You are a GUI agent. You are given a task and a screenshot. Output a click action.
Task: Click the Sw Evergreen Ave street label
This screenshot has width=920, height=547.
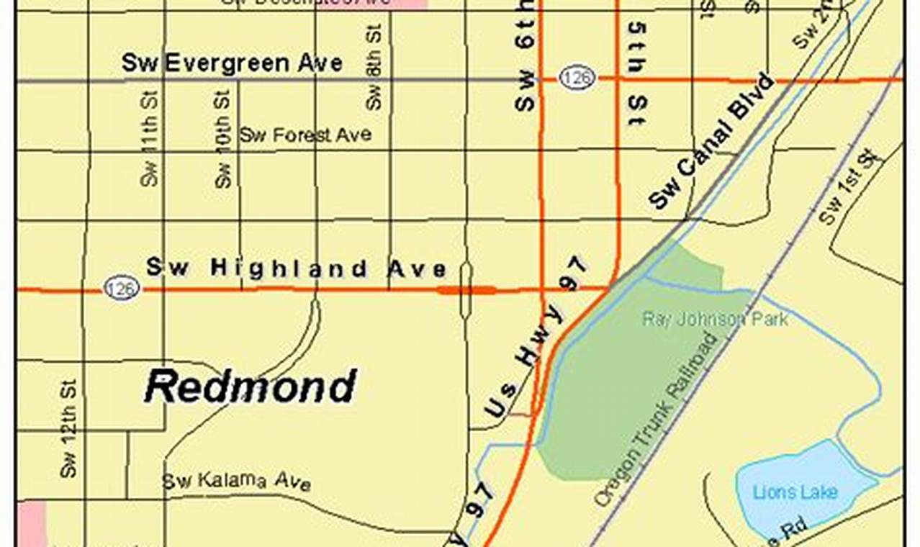[232, 63]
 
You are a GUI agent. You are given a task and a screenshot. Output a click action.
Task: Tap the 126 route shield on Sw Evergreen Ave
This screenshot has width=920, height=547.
[576, 78]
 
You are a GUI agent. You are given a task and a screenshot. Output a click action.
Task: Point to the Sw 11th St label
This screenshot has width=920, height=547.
[149, 140]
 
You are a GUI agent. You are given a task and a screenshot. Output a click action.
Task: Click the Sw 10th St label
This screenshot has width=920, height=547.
[223, 140]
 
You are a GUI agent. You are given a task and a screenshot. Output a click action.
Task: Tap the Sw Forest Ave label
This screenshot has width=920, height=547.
[305, 135]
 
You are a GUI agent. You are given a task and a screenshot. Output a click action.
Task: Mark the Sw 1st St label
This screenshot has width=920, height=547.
[850, 186]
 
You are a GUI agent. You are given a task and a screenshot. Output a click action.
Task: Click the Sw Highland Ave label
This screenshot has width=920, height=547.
[296, 268]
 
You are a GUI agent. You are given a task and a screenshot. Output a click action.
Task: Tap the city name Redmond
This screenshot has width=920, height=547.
[250, 387]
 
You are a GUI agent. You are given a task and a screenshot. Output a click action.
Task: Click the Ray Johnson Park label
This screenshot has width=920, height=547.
[715, 319]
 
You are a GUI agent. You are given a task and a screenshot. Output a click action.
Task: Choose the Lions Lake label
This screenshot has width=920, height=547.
[795, 492]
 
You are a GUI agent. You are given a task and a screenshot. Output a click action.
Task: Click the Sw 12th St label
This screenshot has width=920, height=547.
[69, 429]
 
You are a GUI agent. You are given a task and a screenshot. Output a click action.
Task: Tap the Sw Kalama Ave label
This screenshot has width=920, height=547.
[236, 482]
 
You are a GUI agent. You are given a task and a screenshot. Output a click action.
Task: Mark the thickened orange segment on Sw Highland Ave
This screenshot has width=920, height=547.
[466, 291]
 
